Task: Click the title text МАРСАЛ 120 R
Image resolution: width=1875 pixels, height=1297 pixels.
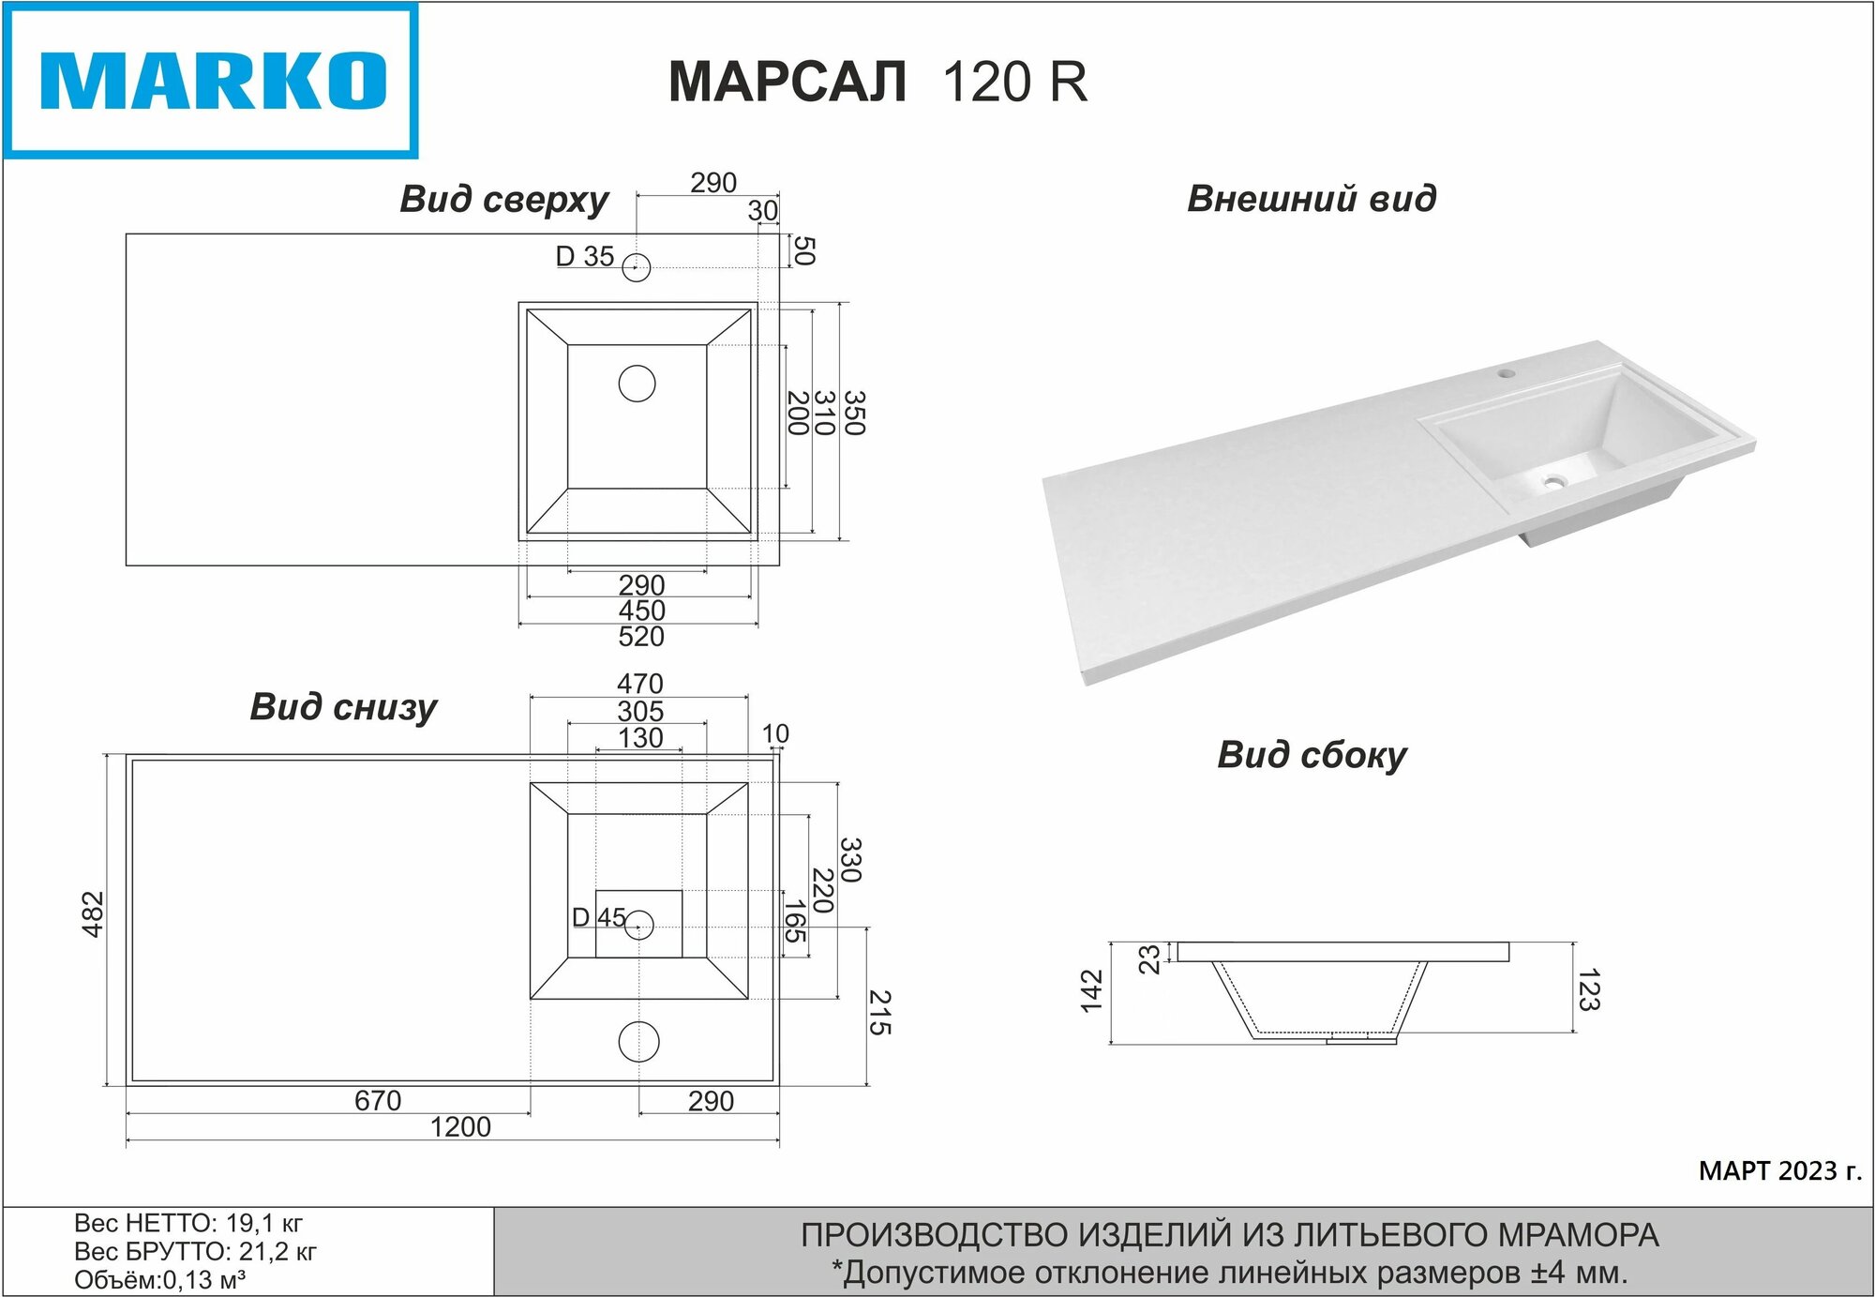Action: point(877,82)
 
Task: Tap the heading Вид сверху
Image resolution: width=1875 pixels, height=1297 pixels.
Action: point(504,200)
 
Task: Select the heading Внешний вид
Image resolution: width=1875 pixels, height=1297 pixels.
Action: point(1312,199)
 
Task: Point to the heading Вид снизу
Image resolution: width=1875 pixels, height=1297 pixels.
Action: point(343,707)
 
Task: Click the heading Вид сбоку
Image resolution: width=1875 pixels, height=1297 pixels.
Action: point(1312,755)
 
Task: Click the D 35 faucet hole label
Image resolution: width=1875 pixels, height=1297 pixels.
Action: point(585,256)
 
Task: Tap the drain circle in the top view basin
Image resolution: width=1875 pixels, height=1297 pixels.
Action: point(637,384)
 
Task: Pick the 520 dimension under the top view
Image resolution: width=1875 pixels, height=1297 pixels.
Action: point(641,637)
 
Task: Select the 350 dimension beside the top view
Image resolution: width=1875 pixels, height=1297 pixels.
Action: point(854,414)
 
